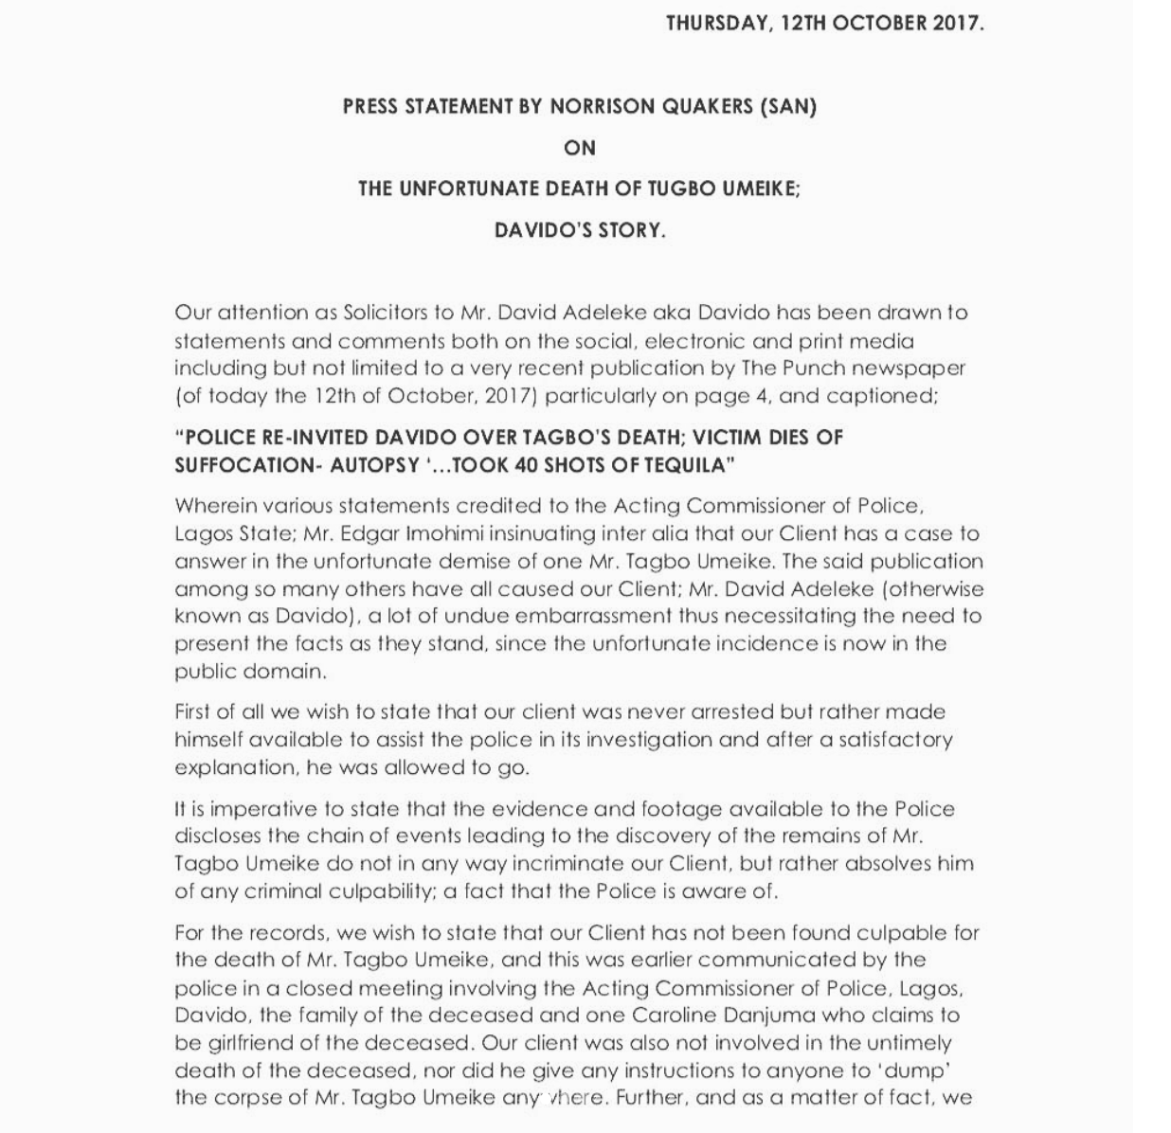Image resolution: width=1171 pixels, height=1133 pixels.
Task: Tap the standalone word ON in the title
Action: pos(579,148)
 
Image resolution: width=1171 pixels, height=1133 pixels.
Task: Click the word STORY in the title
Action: pos(631,230)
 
